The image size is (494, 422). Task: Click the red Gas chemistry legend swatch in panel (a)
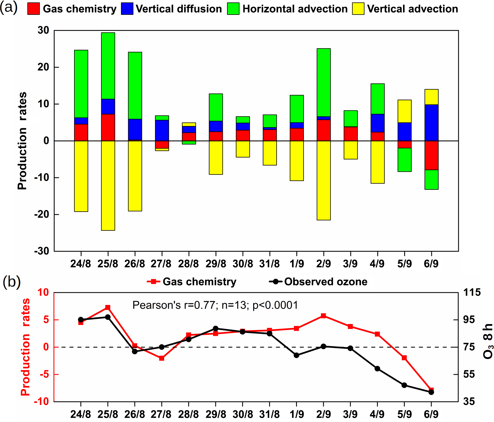click(33, 9)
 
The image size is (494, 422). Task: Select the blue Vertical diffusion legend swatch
click(127, 9)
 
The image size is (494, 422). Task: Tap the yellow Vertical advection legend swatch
click(358, 9)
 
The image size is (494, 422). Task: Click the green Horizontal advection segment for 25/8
click(108, 66)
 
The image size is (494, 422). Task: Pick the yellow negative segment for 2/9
click(324, 180)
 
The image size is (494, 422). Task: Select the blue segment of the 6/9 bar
click(431, 123)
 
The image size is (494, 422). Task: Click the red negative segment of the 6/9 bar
click(431, 155)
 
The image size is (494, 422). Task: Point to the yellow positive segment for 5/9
click(404, 111)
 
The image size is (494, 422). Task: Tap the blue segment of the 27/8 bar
click(162, 131)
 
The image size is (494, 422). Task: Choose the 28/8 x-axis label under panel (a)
click(189, 264)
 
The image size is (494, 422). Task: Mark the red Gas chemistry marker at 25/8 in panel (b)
click(108, 307)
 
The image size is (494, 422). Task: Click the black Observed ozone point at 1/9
click(296, 355)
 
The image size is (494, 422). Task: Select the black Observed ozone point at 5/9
click(404, 385)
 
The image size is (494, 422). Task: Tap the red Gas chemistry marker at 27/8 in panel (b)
click(162, 358)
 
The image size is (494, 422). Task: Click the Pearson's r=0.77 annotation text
click(215, 305)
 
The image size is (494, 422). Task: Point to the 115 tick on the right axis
click(472, 293)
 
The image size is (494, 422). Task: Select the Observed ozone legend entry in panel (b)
click(318, 282)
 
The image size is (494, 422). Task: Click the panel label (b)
click(11, 282)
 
